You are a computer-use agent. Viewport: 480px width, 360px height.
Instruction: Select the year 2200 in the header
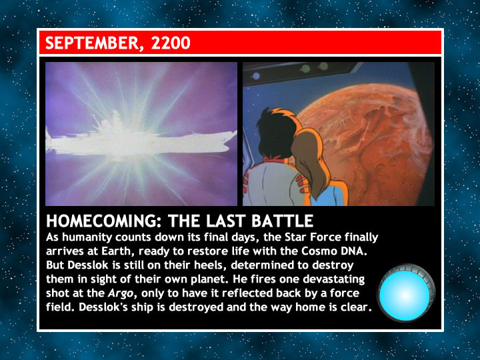(x=171, y=43)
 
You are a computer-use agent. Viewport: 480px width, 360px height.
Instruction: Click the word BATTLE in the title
(x=282, y=221)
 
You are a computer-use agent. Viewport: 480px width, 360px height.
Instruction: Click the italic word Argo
(x=121, y=293)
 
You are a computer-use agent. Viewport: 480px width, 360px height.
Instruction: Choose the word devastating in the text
(x=333, y=279)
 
